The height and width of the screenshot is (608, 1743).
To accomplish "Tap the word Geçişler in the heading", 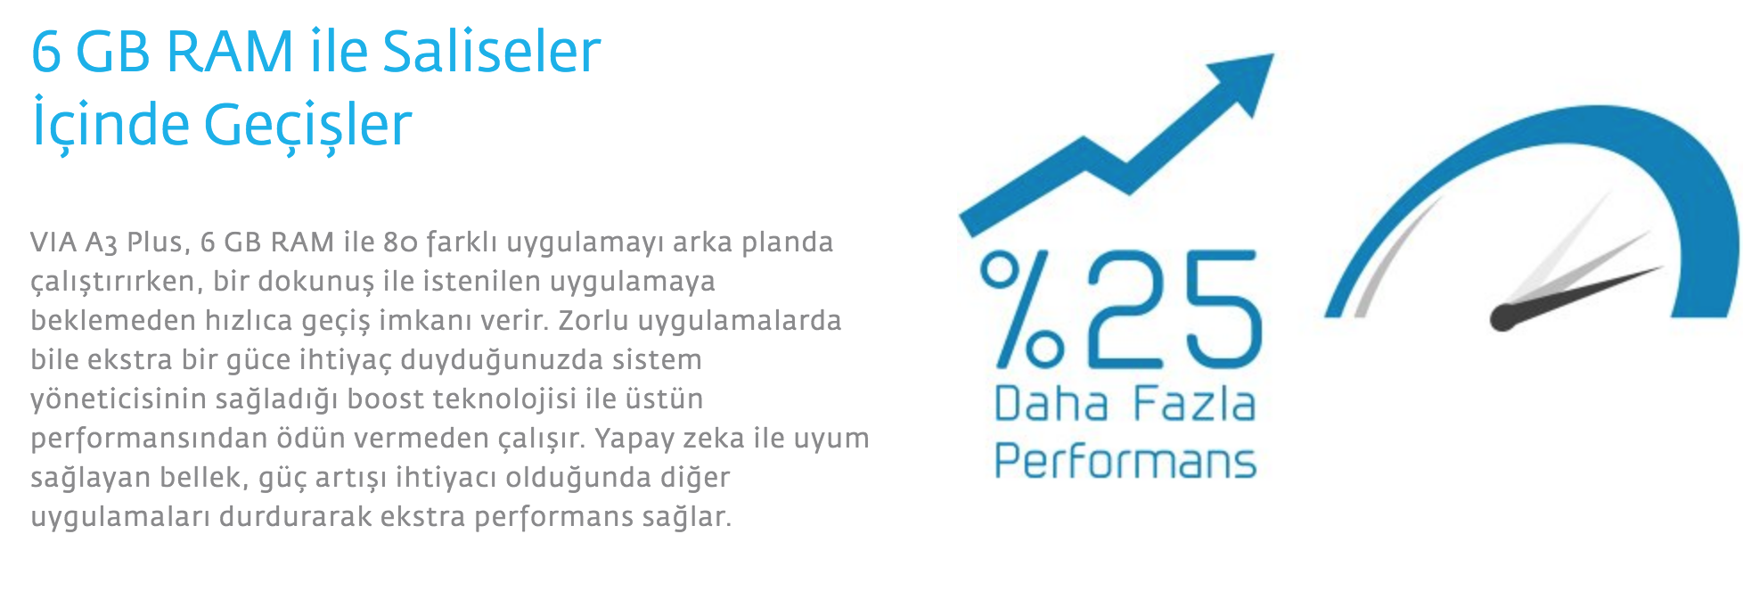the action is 308,124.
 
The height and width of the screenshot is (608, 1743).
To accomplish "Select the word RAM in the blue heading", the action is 229,51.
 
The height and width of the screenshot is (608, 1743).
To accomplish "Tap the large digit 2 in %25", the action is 1125,309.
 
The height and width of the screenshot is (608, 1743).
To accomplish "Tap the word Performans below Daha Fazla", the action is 1125,461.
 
